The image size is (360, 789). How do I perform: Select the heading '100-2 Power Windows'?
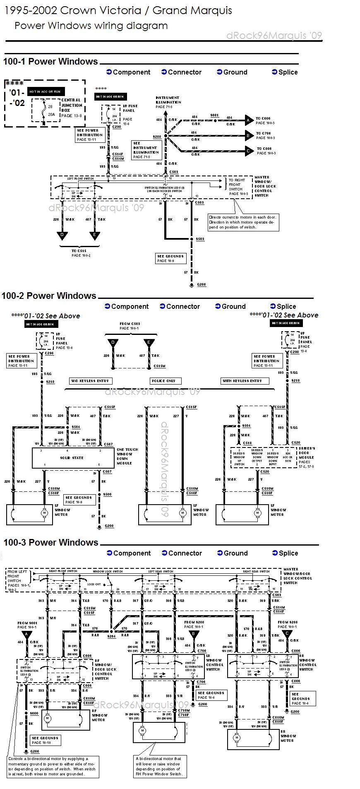(49, 296)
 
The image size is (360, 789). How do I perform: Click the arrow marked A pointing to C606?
(249, 120)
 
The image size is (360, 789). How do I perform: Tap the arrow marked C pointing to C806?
(249, 151)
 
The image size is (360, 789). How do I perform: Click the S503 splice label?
(200, 239)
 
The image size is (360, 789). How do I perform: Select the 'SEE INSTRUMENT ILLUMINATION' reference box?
(146, 150)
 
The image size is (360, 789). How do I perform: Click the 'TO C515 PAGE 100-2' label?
(79, 253)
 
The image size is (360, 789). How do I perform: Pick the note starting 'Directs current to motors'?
(242, 222)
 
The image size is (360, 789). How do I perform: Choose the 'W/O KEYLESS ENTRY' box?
(90, 381)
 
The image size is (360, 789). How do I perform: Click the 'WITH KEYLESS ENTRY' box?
(244, 381)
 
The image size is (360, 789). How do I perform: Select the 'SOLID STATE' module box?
(72, 458)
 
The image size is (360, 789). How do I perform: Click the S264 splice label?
(112, 636)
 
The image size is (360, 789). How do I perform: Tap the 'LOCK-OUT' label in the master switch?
(94, 585)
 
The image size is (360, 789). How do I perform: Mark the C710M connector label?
(184, 711)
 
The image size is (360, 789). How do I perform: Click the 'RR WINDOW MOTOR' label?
(288, 736)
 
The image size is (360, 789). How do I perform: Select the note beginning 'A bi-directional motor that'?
(159, 766)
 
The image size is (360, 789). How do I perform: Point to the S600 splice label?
(34, 713)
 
